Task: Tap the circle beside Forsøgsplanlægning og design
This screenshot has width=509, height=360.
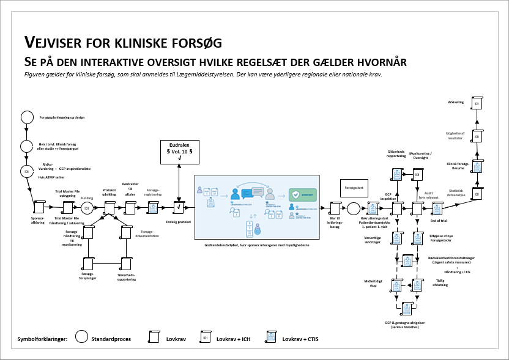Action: pos(27,117)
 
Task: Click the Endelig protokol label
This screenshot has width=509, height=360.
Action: pos(178,222)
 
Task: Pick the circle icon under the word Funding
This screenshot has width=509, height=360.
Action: pos(87,208)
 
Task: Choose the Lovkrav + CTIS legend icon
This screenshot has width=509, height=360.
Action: pos(270,337)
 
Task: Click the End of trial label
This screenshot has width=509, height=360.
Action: pos(437,220)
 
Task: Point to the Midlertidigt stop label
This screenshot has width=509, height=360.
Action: pos(373,284)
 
